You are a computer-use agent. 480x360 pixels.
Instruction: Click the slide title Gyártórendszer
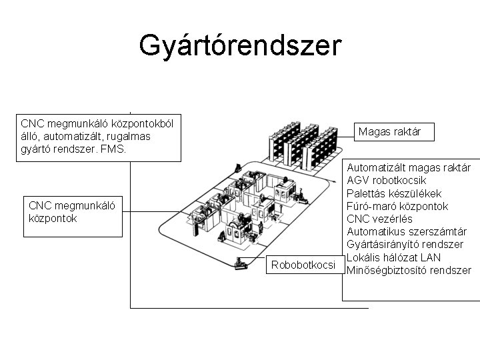click(240, 46)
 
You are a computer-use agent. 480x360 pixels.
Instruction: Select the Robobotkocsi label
click(303, 266)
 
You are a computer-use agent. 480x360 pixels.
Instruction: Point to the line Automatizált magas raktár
click(409, 168)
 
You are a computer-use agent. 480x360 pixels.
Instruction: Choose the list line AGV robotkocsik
click(387, 181)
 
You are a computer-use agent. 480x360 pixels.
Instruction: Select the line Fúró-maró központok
click(397, 207)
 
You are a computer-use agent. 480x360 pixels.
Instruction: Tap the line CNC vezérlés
click(379, 219)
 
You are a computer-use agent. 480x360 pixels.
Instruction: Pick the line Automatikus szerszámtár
click(406, 232)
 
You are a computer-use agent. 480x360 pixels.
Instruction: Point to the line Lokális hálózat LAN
click(393, 258)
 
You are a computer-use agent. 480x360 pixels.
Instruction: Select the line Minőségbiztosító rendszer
click(409, 271)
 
